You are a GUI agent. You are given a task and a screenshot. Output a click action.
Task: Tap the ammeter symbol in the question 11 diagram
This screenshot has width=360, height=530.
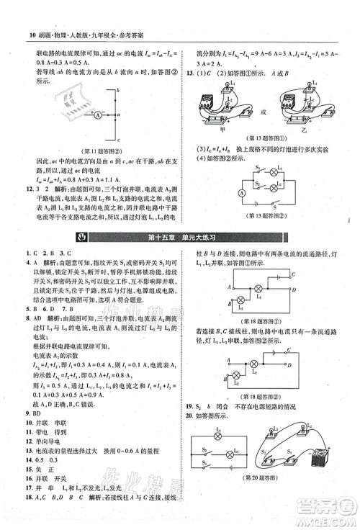pyautogui.click(x=96, y=114)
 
